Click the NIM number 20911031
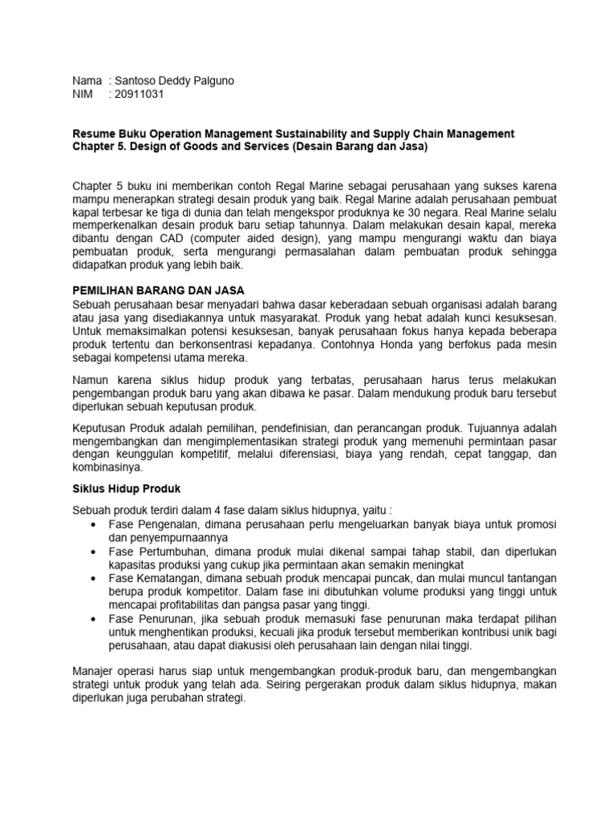pos(140,95)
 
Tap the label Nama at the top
pos(87,81)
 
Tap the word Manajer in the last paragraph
pos(95,670)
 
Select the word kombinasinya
pos(107,467)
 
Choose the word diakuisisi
pos(237,645)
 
